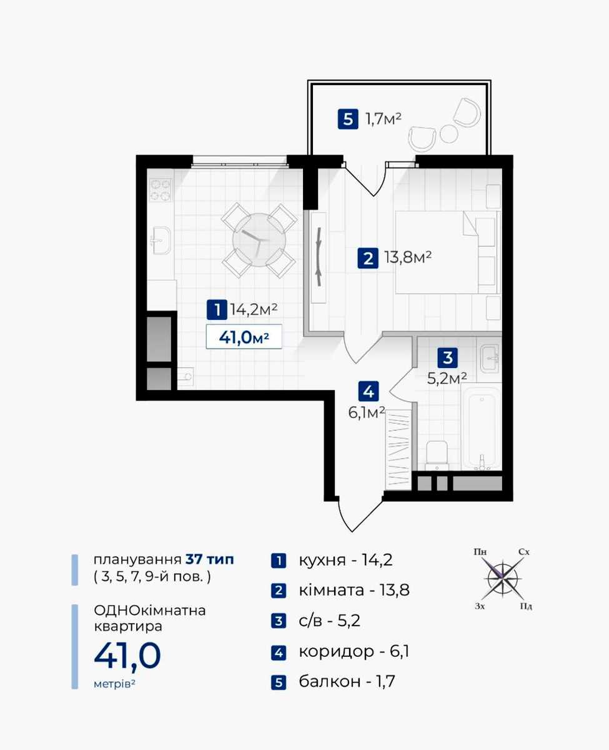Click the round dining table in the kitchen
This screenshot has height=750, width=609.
click(259, 240)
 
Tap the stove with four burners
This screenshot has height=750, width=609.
click(161, 189)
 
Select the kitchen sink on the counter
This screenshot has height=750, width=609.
click(162, 240)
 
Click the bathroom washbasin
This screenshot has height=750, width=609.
click(489, 358)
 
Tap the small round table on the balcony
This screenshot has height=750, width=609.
click(448, 134)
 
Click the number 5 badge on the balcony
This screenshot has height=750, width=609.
click(347, 119)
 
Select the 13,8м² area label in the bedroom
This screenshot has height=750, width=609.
click(408, 257)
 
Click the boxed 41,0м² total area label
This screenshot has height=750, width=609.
click(244, 337)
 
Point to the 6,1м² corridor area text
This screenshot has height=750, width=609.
click(367, 412)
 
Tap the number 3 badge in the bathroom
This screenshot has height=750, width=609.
click(447, 357)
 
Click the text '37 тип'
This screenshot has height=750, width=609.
click(210, 559)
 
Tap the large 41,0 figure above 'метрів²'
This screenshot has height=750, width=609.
click(127, 656)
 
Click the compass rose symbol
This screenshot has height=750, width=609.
click(502, 579)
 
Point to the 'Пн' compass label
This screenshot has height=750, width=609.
click(480, 552)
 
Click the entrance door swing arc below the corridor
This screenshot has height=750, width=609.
click(359, 516)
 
